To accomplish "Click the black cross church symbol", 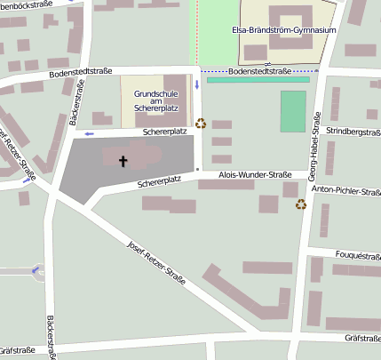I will tap(123, 161).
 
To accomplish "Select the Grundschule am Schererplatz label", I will tap(155, 100).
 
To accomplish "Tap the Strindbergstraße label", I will tap(353, 132).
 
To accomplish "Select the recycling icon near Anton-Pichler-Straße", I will tap(301, 204).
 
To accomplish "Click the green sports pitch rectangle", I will tap(293, 111).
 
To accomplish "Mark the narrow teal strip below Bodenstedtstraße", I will tap(258, 80).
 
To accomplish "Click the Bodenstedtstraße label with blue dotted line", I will tap(259, 70).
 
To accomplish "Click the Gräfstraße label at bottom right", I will tap(362, 338).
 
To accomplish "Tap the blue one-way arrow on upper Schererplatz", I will tap(89, 133).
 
